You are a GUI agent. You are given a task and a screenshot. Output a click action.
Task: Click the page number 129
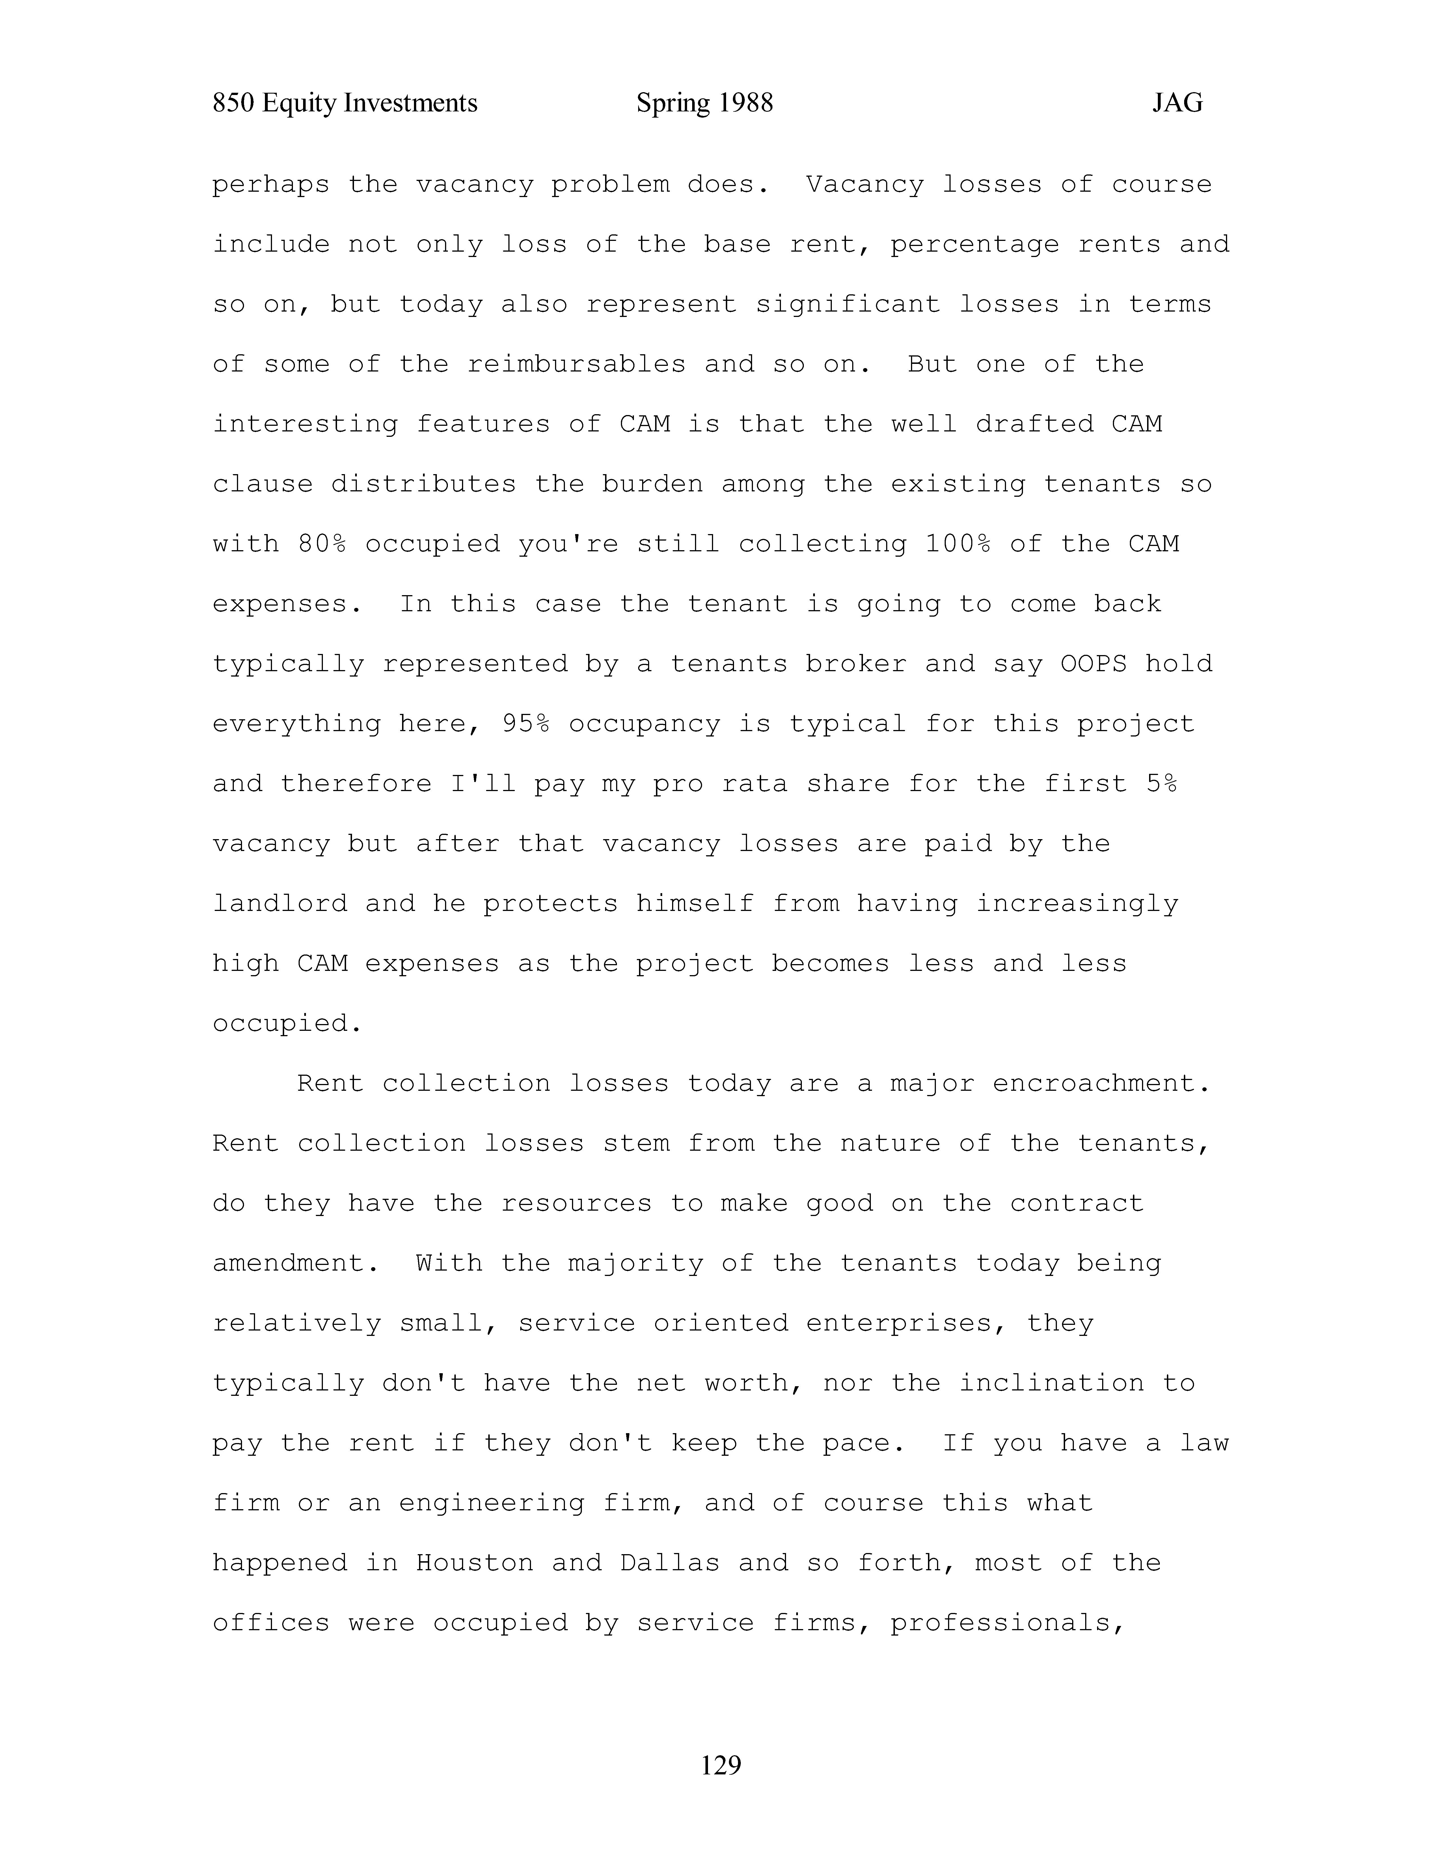tap(720, 1764)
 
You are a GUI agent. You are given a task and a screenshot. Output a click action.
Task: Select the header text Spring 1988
tap(705, 103)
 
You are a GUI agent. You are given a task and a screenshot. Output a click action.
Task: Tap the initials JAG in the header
tap(1177, 103)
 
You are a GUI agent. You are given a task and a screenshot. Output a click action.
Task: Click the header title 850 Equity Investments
tap(345, 103)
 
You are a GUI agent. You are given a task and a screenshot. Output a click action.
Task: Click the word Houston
tap(474, 1563)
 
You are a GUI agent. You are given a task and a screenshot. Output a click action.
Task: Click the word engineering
tap(491, 1503)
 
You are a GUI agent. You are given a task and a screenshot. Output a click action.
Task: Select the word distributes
tap(424, 484)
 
